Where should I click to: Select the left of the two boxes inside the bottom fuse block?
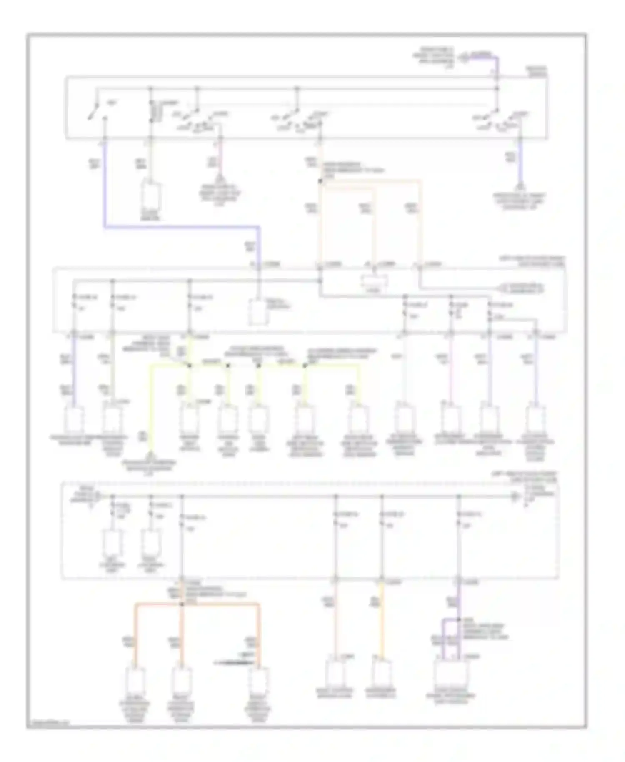click(112, 543)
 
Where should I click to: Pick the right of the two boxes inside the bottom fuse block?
click(151, 543)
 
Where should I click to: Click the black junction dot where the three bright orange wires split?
click(182, 604)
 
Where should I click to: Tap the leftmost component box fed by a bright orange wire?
click(135, 682)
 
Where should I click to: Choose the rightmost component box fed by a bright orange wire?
click(258, 682)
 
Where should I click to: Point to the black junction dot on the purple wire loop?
click(458, 619)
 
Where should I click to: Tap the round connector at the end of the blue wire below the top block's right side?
click(520, 187)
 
